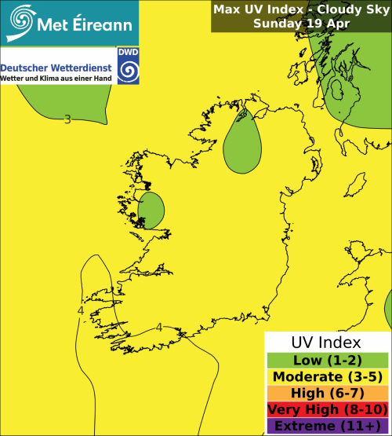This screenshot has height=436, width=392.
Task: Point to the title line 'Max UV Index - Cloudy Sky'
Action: (x=301, y=9)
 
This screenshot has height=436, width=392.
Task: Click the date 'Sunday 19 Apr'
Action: (x=301, y=24)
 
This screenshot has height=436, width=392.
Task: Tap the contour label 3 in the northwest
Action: (x=67, y=119)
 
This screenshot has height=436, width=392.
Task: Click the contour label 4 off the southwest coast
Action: (x=81, y=312)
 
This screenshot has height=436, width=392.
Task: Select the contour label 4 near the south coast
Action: (x=159, y=328)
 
